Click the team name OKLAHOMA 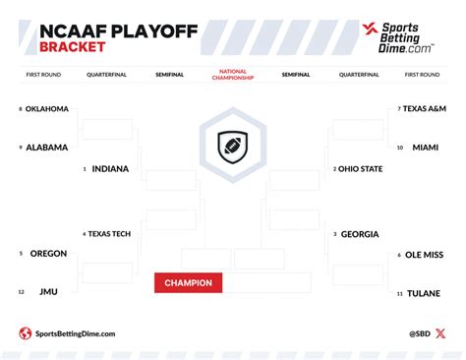[47, 109]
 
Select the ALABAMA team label [46, 148]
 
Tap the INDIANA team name [110, 169]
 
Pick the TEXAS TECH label [110, 234]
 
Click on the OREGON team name [48, 254]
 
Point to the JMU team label [48, 292]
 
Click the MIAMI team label [425, 148]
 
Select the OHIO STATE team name [360, 169]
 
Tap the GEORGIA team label [359, 234]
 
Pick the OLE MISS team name [425, 255]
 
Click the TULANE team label [424, 293]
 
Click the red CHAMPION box [188, 283]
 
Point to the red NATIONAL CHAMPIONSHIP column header [233, 74]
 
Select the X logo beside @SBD [439, 333]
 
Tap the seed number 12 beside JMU [21, 292]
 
